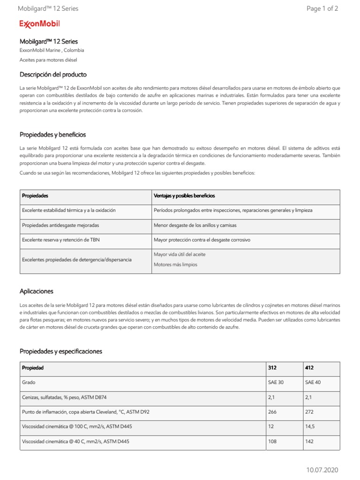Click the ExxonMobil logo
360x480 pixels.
coord(39,24)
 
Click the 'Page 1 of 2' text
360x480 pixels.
coord(322,8)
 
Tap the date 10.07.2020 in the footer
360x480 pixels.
coord(322,470)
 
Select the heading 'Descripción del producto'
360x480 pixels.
coord(53,75)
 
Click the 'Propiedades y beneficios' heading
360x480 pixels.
coord(52,135)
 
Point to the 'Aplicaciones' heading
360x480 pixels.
coord(36,291)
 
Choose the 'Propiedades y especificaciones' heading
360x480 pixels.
coord(60,351)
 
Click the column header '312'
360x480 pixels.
coord(272,368)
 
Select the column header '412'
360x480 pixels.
coord(309,368)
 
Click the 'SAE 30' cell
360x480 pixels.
coord(276,382)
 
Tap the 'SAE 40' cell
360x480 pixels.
coord(313,382)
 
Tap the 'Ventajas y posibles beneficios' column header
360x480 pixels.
coord(184,195)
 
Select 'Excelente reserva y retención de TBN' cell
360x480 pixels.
coord(60,240)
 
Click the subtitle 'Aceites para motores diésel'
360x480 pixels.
coord(48,60)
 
